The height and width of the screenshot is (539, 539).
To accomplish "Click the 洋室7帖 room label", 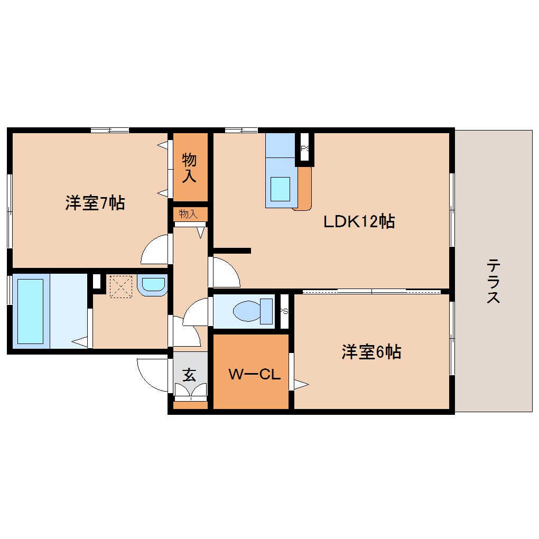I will point(95,203).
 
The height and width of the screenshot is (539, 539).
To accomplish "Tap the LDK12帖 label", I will point(359,221).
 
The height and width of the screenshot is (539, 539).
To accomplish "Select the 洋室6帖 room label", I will point(371,352).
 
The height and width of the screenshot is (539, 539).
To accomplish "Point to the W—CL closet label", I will point(254,374).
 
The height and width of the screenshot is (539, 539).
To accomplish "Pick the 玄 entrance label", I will point(189,375).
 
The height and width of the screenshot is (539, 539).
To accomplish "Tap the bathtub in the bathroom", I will point(31,311).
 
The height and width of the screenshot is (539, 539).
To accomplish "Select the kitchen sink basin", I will point(280,188).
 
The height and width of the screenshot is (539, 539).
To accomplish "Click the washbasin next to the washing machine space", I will point(152,285).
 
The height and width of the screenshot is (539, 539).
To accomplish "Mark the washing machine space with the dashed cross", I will point(120,286).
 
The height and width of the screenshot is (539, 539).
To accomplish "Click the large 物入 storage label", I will point(190,168).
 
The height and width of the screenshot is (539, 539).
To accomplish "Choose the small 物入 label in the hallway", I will point(188,213).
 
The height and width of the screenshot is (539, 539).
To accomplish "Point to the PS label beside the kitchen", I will point(305,149).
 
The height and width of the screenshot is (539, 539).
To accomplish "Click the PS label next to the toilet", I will point(284,311).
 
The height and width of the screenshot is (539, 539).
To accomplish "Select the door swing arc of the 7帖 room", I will point(154,249).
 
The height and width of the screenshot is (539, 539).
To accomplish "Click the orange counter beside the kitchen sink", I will point(304,188).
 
